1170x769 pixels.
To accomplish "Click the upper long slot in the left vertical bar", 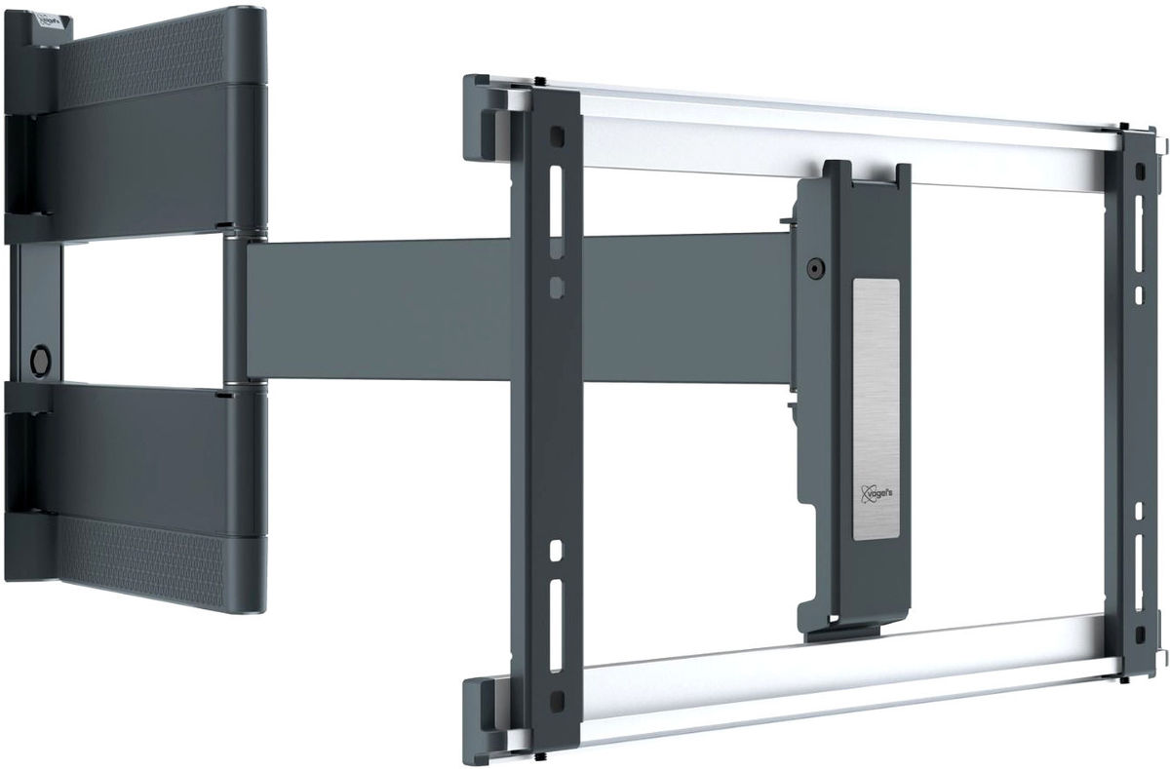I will coord(556,204).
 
